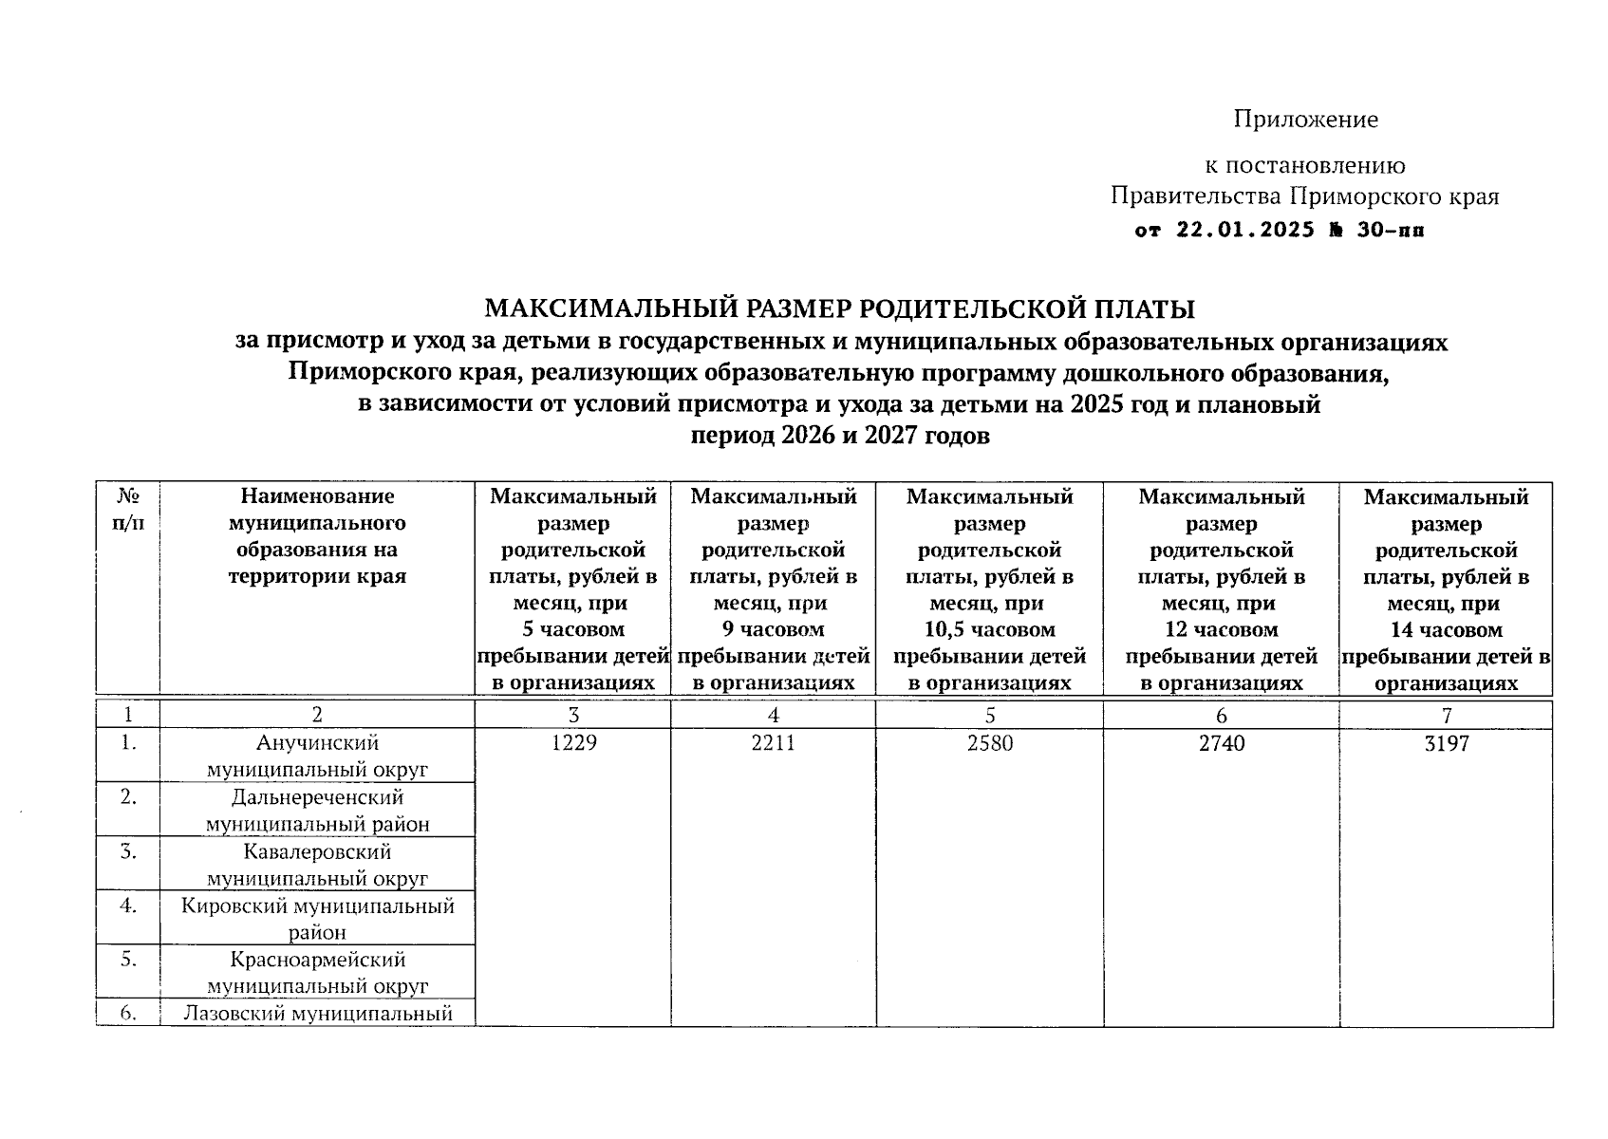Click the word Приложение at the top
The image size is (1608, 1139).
pyautogui.click(x=1305, y=120)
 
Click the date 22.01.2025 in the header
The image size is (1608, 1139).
pyautogui.click(x=1245, y=231)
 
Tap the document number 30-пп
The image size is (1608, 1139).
pyautogui.click(x=1391, y=231)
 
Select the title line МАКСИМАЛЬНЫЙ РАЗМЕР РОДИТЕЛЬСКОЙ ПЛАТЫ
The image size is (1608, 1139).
pyautogui.click(x=840, y=309)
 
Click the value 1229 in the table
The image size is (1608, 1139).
pyautogui.click(x=573, y=743)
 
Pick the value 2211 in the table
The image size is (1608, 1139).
pyautogui.click(x=773, y=743)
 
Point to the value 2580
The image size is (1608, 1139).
pyautogui.click(x=989, y=743)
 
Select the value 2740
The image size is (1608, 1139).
pyautogui.click(x=1221, y=743)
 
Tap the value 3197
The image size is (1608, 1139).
pyautogui.click(x=1446, y=743)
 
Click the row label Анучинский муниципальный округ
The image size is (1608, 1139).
pyautogui.click(x=317, y=756)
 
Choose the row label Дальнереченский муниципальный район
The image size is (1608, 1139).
pyautogui.click(x=317, y=810)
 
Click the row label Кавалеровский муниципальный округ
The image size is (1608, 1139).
pyautogui.click(x=317, y=865)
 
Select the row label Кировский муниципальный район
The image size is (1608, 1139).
pyautogui.click(x=317, y=919)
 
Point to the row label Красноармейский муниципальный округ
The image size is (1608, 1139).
pyautogui.click(x=317, y=973)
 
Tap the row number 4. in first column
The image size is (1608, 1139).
pyautogui.click(x=128, y=906)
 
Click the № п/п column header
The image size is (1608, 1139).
pyautogui.click(x=128, y=510)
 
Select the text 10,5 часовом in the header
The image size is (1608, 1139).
pyautogui.click(x=989, y=629)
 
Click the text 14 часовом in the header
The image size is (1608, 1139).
pyautogui.click(x=1446, y=630)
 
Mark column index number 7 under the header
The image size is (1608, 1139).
pyautogui.click(x=1446, y=716)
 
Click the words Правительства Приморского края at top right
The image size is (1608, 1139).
pyautogui.click(x=1304, y=196)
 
